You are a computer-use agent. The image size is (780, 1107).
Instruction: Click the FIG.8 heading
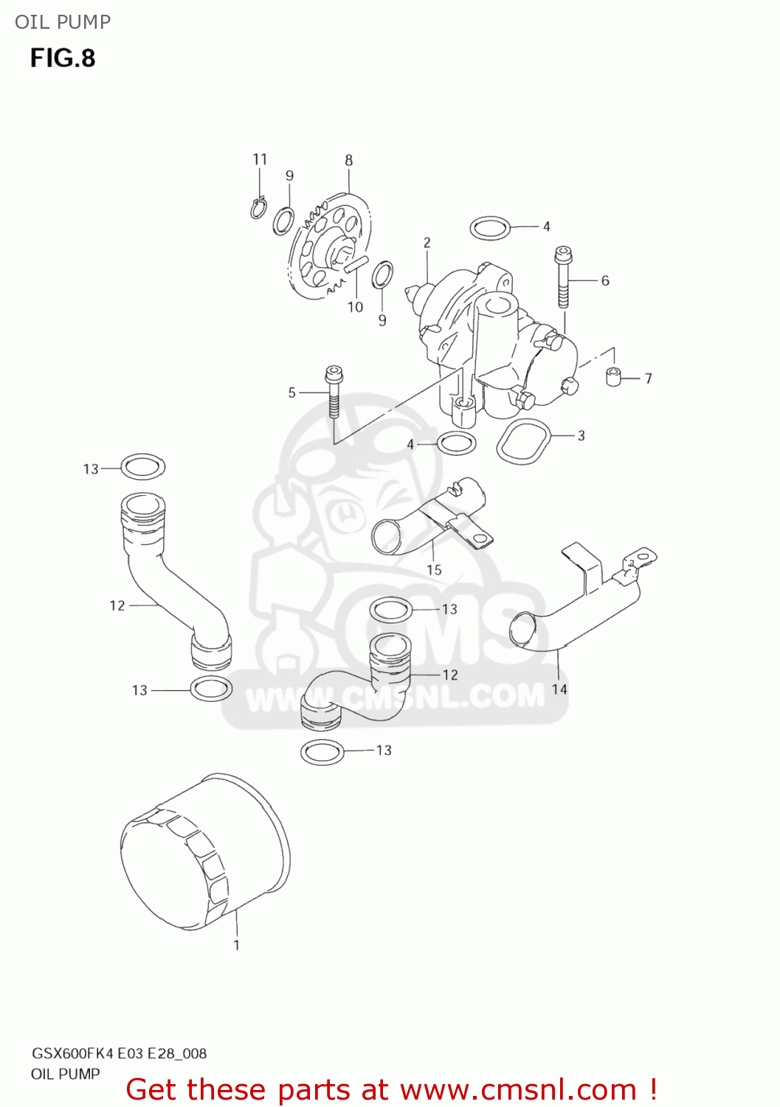[63, 58]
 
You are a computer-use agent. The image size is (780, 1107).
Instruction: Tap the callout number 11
[260, 159]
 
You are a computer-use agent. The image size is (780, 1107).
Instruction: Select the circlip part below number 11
[258, 208]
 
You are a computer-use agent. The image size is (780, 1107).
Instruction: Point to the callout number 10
[355, 307]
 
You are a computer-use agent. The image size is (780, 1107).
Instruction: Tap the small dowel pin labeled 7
[612, 376]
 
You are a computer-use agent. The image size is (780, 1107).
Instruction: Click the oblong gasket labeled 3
[525, 441]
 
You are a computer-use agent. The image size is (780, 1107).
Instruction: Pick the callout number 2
[427, 243]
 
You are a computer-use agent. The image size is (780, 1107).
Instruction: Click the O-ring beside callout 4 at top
[490, 228]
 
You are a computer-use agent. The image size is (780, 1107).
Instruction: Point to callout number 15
[434, 570]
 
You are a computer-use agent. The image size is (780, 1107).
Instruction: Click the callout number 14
[559, 689]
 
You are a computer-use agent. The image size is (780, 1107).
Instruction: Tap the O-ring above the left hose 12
[143, 466]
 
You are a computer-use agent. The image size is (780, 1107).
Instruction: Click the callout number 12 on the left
[117, 606]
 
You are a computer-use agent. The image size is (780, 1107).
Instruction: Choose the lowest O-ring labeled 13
[323, 752]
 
